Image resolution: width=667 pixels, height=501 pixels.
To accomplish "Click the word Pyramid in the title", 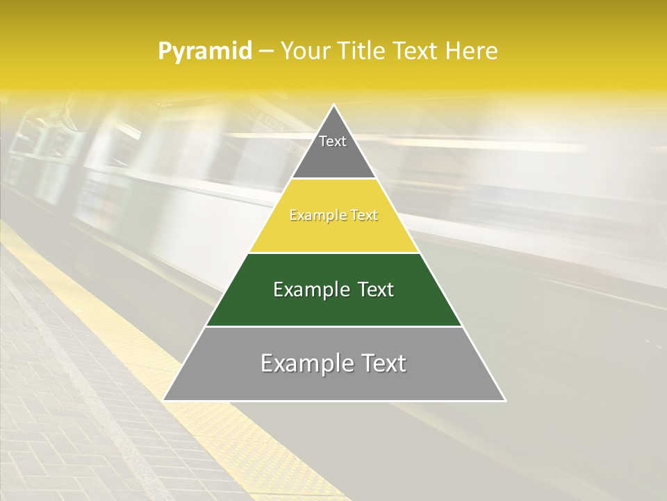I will tap(205, 51).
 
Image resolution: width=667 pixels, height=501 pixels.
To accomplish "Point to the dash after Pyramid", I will tap(266, 51).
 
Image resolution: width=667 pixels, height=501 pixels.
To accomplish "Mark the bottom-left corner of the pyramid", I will tap(164, 400).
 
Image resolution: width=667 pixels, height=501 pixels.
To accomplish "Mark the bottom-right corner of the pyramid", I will tap(505, 400).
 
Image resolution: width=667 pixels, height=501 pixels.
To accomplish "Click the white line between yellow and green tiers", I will tap(333, 253).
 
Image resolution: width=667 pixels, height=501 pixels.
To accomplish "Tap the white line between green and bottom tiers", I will tap(333, 326).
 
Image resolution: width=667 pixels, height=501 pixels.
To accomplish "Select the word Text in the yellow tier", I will tap(365, 216).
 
